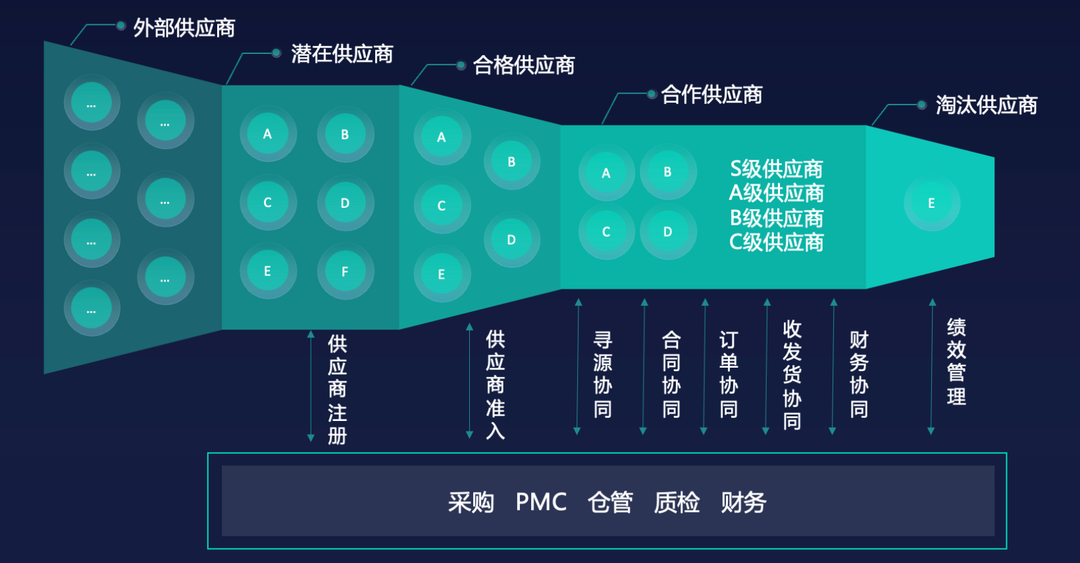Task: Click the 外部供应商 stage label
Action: (184, 28)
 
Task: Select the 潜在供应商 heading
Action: (342, 54)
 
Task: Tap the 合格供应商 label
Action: (524, 65)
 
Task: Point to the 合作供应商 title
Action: (711, 95)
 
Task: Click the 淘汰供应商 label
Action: (986, 105)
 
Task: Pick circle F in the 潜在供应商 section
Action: (345, 272)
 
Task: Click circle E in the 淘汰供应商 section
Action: (931, 203)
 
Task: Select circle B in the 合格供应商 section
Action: (511, 162)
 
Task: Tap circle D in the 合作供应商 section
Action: (667, 232)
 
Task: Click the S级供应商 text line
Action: (776, 169)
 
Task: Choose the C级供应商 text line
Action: (776, 243)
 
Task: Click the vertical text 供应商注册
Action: (337, 389)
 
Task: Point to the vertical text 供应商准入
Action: (495, 385)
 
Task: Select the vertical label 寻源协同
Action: (602, 375)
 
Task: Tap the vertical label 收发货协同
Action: (792, 375)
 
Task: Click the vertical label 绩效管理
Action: (956, 362)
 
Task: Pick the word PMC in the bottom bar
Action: (541, 502)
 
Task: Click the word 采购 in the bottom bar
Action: (471, 502)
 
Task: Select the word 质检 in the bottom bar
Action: (677, 502)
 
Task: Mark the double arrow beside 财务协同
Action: (833, 366)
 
